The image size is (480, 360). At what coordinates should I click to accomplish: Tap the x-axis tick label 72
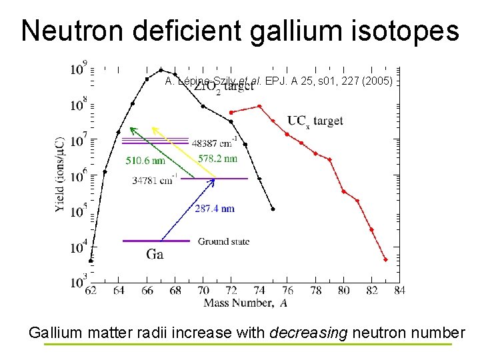pos(231,291)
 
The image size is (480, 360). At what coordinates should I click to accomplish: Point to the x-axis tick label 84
pos(400,291)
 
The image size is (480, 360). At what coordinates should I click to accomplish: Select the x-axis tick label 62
pos(90,291)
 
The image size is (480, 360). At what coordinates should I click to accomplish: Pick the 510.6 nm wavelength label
pos(145,160)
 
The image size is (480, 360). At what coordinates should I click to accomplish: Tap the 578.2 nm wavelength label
pos(217,159)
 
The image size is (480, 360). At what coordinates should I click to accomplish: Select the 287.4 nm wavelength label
pos(215,209)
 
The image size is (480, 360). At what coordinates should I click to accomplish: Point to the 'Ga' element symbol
pos(155,254)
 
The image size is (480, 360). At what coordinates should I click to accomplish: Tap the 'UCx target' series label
pos(315,121)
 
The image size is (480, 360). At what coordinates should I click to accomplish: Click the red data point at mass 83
pos(385,259)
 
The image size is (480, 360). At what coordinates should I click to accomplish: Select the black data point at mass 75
pos(273,209)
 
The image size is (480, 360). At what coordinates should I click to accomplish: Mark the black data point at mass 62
pos(91,261)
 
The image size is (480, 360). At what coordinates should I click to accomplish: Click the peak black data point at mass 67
pos(161,70)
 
